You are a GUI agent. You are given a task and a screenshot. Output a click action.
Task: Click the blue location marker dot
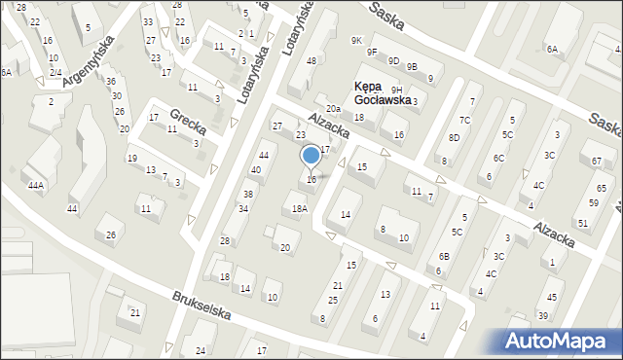[x=311, y=155]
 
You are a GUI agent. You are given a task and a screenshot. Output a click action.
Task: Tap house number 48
[x=311, y=61]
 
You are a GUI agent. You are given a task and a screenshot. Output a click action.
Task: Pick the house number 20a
[x=333, y=108]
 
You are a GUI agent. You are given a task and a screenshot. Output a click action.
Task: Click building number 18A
[x=300, y=208]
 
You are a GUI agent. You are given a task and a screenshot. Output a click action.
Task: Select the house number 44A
[x=36, y=185]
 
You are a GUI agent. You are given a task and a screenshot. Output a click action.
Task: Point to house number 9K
[x=356, y=40]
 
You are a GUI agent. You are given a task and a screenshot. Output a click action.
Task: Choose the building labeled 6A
[x=552, y=49]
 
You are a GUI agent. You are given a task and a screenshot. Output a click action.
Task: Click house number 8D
[x=454, y=138]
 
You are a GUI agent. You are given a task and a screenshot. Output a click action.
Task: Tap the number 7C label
[x=465, y=121]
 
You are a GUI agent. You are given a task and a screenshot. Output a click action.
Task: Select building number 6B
[x=444, y=257]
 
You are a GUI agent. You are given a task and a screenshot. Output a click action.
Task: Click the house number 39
[x=543, y=316]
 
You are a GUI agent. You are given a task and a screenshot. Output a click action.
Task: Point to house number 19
[x=131, y=159]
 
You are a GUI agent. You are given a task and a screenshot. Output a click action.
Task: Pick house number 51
[x=583, y=224]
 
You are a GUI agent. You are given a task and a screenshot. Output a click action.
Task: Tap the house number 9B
[x=412, y=67]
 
